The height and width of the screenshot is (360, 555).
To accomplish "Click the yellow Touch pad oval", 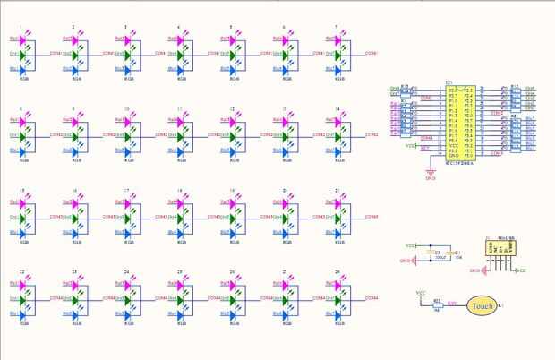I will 482,306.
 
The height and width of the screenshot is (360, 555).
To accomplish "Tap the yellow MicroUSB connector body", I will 497,251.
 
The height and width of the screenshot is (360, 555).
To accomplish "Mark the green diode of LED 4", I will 182,54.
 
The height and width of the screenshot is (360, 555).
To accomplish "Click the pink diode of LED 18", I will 182,202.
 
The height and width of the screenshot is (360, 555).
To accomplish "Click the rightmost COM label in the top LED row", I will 371,54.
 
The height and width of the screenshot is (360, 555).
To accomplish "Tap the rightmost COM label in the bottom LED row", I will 371,298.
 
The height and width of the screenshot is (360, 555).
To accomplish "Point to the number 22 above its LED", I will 21,271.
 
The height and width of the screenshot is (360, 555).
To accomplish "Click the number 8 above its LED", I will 21,108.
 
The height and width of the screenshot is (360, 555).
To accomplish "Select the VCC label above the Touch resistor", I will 421,292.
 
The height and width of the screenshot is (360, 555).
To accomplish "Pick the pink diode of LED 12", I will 235,121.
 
